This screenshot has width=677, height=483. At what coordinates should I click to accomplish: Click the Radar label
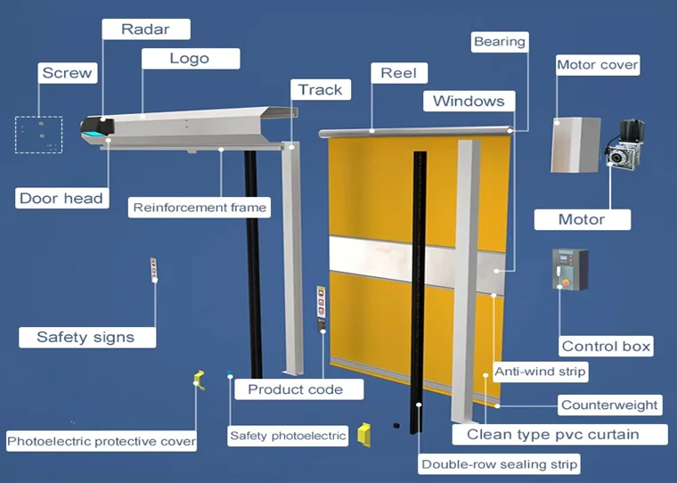pos(144,29)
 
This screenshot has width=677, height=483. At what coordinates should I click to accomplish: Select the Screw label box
pos(66,73)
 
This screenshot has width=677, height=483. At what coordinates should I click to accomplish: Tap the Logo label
pos(189,59)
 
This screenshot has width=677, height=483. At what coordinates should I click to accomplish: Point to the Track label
pos(320,89)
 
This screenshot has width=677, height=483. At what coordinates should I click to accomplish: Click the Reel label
pos(399,73)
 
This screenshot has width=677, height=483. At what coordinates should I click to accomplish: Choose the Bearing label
pos(500,42)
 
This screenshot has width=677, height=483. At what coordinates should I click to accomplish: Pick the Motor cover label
pos(598,65)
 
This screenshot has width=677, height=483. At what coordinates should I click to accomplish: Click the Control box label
pos(606,346)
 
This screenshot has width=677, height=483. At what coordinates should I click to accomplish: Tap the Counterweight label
pos(609,405)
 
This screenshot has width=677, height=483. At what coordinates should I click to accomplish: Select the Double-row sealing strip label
pos(500,464)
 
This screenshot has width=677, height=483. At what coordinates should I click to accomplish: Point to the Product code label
pos(295,389)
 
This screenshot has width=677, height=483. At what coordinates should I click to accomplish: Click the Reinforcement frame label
pos(200,208)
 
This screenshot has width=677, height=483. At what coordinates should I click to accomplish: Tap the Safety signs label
pos(86,337)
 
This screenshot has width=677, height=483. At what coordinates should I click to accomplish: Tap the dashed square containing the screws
pos(38,135)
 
